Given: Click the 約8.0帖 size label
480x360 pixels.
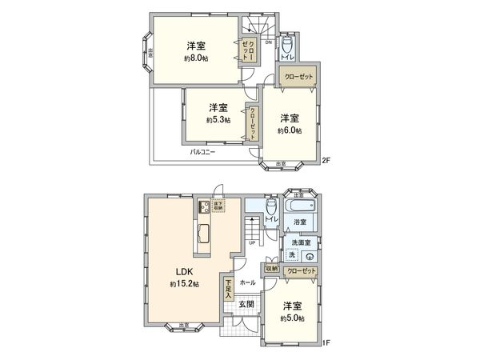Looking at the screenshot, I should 196,58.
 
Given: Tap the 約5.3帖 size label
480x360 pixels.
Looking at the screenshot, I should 218,120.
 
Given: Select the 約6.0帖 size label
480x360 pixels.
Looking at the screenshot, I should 289,130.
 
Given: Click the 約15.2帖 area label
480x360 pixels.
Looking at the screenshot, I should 184,284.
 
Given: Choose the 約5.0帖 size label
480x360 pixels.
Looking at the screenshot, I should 291,318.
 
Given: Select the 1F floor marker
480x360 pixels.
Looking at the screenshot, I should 326,343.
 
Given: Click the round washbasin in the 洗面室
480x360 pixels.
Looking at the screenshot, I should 308,256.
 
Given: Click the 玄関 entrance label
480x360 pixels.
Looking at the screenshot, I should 246,304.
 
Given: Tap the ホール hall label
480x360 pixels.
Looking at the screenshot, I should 247,283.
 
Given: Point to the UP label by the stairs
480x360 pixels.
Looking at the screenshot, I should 253,243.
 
